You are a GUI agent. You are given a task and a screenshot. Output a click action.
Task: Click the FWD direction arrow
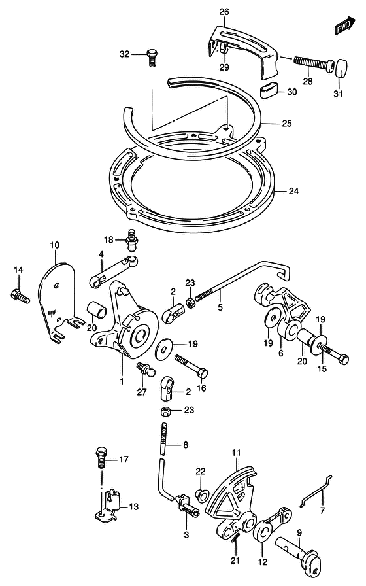tap(344, 26)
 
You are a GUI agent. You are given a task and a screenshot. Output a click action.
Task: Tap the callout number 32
tap(124, 54)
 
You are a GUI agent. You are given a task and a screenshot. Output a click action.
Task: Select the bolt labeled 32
tap(152, 58)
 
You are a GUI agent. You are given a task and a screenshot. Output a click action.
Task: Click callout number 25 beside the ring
tap(287, 124)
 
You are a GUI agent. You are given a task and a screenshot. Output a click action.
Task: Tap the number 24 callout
tap(293, 191)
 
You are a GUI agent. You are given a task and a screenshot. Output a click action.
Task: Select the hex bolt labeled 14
tap(20, 296)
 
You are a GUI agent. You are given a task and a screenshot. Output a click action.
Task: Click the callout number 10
tap(54, 245)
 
